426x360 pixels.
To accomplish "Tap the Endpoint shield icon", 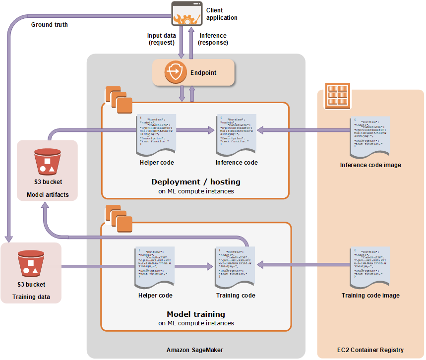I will click(175, 72).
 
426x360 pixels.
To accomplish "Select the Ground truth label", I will click(50, 24).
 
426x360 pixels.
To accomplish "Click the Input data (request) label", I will click(161, 39).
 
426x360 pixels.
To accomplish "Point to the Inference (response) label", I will click(213, 39).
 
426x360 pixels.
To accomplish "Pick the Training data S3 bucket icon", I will click(31, 263).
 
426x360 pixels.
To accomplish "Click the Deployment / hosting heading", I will click(196, 182).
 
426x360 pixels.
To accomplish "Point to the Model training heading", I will click(196, 314).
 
